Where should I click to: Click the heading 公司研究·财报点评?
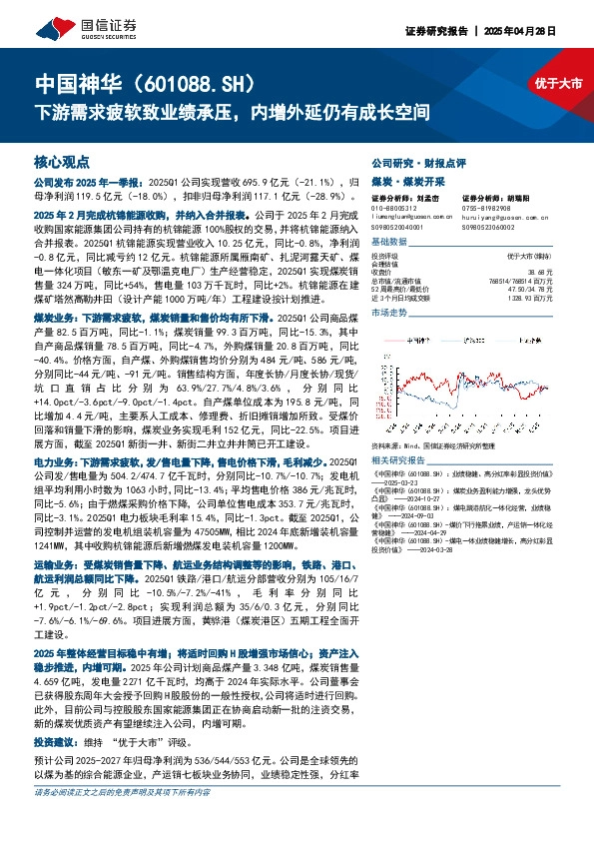pos(411,162)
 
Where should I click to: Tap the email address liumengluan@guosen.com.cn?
pos(412,215)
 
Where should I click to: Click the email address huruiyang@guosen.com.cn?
pos(499,215)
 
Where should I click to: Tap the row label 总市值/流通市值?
pos(396,280)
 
